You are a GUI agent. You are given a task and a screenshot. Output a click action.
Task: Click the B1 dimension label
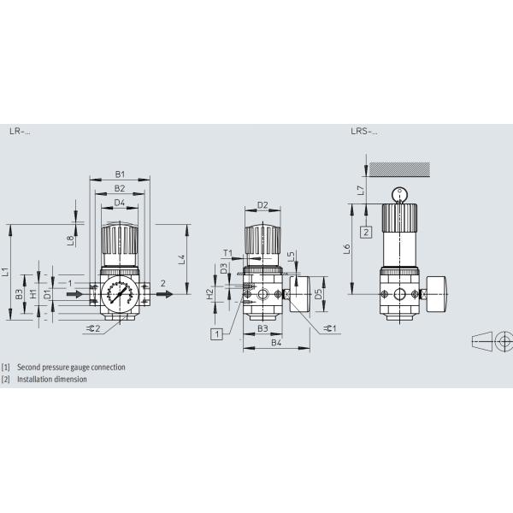pyautogui.click(x=120, y=174)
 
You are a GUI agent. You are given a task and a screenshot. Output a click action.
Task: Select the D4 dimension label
pyautogui.click(x=120, y=202)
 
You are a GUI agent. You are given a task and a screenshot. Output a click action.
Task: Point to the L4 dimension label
pyautogui.click(x=180, y=257)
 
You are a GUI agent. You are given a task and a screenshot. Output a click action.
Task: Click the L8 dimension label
pyautogui.click(x=70, y=240)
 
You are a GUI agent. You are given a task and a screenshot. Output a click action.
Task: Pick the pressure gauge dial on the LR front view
pyautogui.click(x=120, y=293)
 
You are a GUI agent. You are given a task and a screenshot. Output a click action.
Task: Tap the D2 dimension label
pyautogui.click(x=262, y=205)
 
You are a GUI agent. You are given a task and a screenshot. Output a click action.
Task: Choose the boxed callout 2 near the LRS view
pyautogui.click(x=365, y=232)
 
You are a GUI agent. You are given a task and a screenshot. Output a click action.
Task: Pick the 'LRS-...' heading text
pyautogui.click(x=363, y=132)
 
